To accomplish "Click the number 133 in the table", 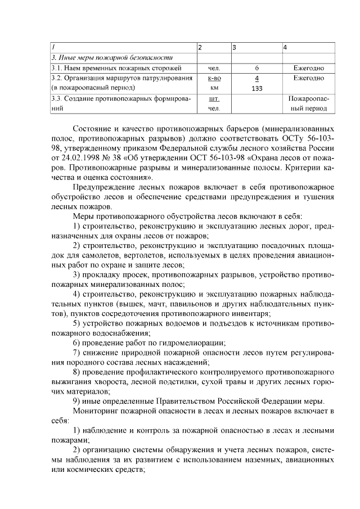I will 256,88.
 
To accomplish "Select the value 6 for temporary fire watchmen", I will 256,68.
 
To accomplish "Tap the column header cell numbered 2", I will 200,47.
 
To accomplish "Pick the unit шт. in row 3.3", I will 214,98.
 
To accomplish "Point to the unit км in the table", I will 214,88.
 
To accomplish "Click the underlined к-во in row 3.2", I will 214,78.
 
